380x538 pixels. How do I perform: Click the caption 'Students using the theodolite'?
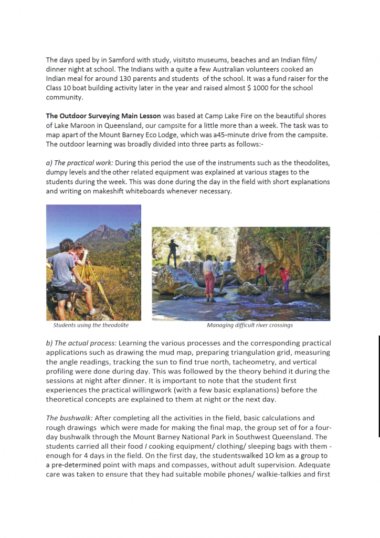coord(90,325)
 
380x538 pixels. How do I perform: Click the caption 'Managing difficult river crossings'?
coord(250,325)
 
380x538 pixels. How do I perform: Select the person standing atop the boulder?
coord(172,252)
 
